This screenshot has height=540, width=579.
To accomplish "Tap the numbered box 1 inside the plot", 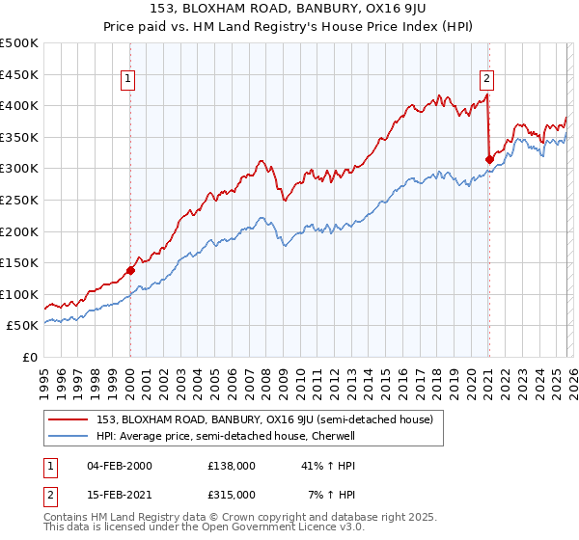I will click(x=129, y=80).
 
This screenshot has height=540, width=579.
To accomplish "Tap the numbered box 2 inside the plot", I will click(x=487, y=80).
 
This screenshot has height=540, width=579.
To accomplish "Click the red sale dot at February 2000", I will click(x=130, y=270).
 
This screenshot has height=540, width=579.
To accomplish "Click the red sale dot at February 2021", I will click(x=489, y=159).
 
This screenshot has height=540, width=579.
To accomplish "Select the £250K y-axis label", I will click(x=19, y=201).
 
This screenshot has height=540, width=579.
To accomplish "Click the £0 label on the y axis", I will click(x=29, y=358).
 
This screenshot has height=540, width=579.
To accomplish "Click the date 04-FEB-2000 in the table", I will click(x=120, y=465).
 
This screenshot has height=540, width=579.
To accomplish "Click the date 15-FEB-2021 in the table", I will click(x=120, y=494).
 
